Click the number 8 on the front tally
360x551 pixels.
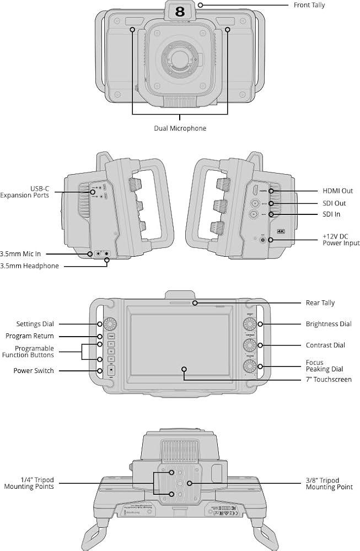[180, 11]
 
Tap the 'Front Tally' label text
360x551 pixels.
[309, 5]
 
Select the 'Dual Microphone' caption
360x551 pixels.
[180, 128]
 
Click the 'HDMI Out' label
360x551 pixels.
[338, 191]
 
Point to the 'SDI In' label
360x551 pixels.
[331, 214]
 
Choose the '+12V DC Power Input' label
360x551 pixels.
[341, 239]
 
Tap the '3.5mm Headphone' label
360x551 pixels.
[30, 266]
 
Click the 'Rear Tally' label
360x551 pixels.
[320, 303]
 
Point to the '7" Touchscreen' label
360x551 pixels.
[328, 380]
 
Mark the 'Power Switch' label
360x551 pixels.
[34, 371]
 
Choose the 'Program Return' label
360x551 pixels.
[30, 336]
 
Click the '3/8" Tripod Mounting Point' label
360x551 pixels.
[329, 483]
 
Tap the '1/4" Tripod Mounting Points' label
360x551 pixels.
[29, 483]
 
